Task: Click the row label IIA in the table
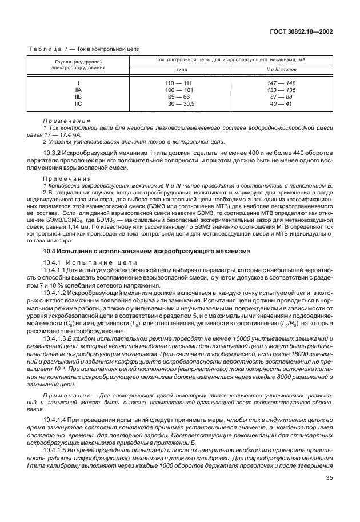(x=78, y=90)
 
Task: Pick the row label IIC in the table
(x=78, y=103)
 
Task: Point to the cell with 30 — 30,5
(x=181, y=103)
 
